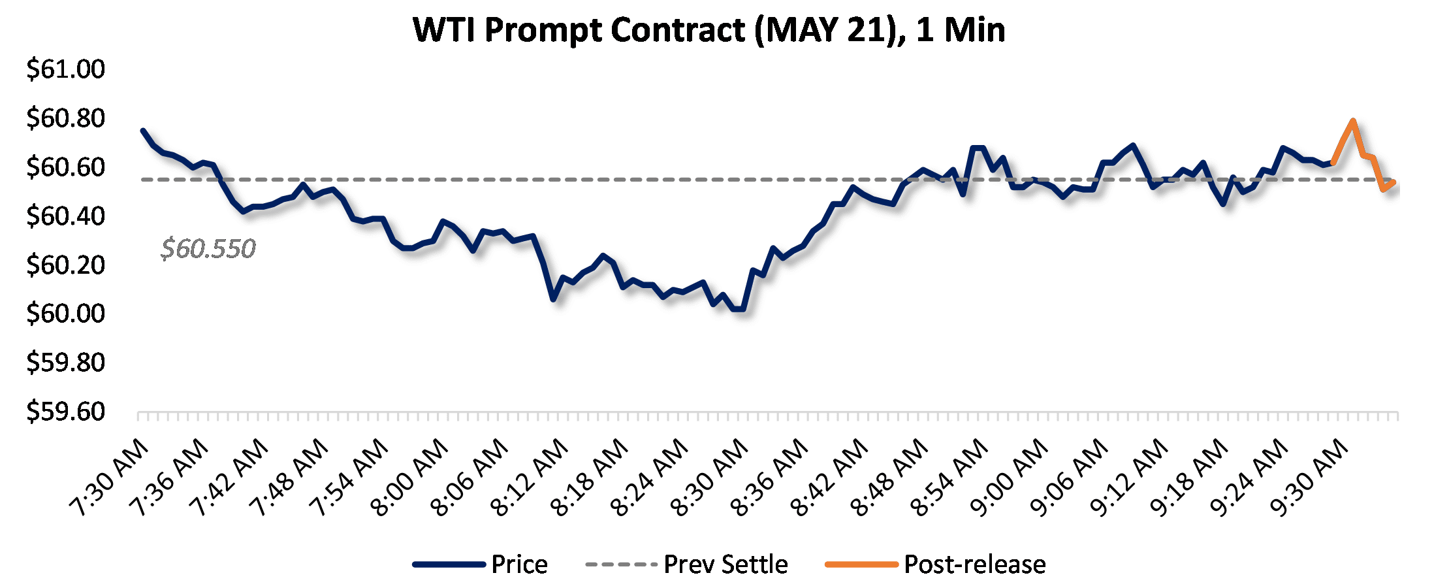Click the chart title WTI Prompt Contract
point(709,30)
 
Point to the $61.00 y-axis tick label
point(65,69)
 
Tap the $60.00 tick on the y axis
point(65,314)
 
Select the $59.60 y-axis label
point(65,412)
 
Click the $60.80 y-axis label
point(65,118)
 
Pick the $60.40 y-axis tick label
point(65,216)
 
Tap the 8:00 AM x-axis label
point(409,478)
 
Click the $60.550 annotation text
point(208,249)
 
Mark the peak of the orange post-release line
point(1353,121)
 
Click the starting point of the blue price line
point(143,131)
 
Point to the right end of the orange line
point(1394,182)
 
